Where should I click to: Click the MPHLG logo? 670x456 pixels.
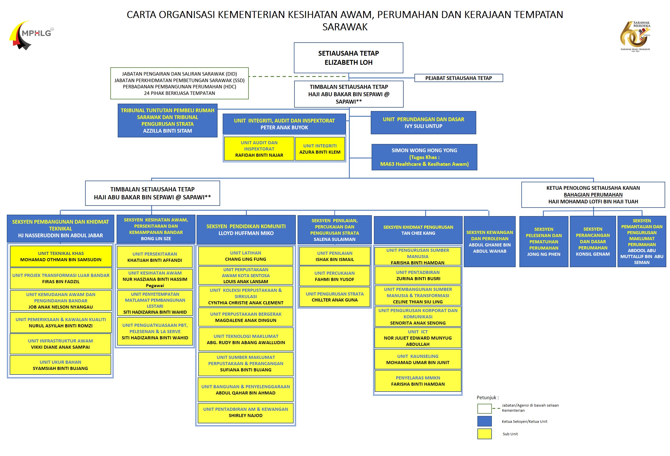[31, 35]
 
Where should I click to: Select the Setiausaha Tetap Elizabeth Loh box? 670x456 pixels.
[348, 58]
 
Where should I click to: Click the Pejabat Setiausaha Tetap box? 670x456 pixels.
[458, 78]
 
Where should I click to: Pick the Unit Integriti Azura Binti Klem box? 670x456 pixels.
[320, 149]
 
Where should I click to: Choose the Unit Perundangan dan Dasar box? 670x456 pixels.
[423, 123]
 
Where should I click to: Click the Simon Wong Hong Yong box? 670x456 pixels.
[424, 157]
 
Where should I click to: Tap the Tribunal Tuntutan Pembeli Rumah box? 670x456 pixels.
[167, 120]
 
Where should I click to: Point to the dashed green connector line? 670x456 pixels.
[298, 76]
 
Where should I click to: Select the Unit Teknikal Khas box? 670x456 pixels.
[61, 256]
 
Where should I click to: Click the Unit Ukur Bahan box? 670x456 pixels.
[60, 365]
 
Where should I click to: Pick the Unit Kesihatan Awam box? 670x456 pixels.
[155, 279]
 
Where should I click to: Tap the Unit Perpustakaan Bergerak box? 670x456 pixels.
[246, 317]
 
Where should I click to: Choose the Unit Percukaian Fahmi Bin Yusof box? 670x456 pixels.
[334, 276]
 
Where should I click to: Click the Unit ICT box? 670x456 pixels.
[418, 338]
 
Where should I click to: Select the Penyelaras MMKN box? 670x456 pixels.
[418, 381]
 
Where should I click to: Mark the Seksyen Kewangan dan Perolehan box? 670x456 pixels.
[490, 242]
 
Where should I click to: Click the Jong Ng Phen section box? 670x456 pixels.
[543, 242]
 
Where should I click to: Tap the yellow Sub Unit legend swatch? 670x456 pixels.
[484, 434]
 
